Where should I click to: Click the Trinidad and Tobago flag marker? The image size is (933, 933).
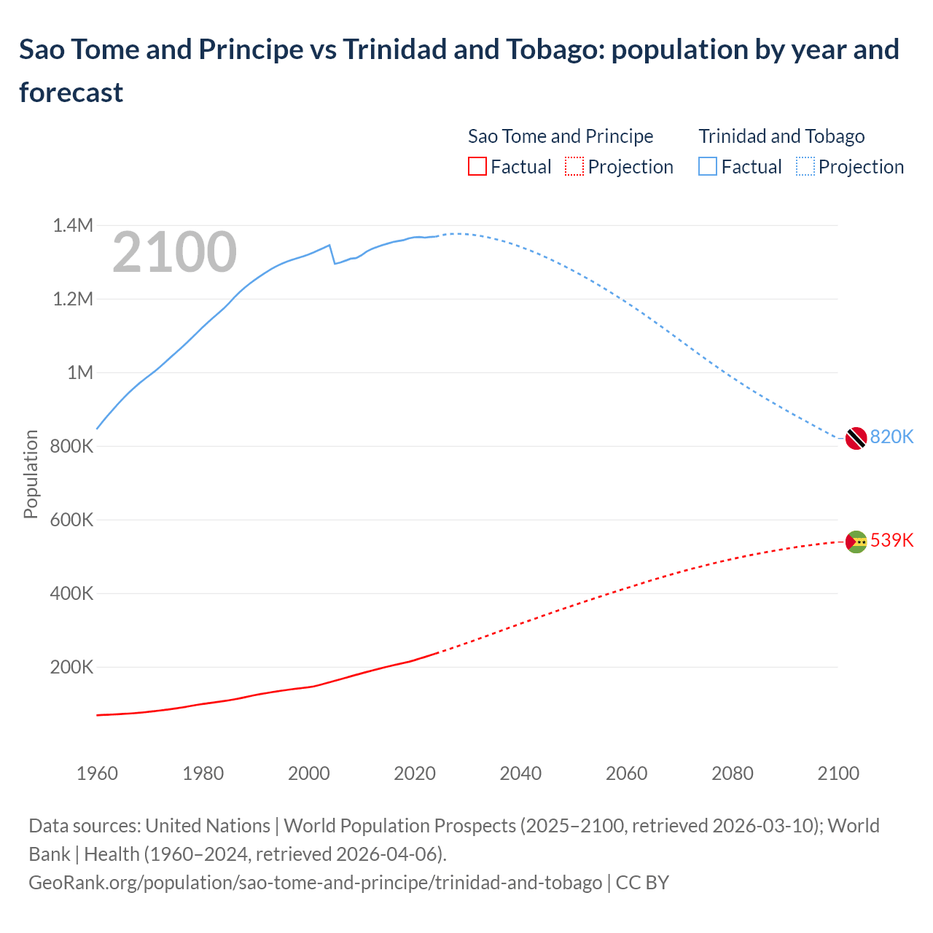point(856,438)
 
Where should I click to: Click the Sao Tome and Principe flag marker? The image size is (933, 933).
point(856,542)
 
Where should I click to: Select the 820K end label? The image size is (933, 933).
point(891,437)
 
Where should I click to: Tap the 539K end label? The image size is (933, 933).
point(891,540)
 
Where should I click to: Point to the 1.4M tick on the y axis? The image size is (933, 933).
point(73,225)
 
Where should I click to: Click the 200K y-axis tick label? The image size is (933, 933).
point(71,667)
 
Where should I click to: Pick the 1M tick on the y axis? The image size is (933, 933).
point(80,372)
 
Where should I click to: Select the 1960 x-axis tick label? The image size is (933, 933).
point(97,773)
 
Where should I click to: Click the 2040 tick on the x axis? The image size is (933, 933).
point(520,773)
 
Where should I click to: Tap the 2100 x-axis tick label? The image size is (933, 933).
point(838,773)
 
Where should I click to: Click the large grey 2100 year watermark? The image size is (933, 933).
point(174,252)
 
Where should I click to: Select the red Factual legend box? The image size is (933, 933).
point(477,167)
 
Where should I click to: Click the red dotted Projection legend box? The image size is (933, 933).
point(574,167)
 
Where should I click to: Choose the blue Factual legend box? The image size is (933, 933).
point(708,167)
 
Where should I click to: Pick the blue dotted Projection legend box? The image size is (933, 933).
point(805,167)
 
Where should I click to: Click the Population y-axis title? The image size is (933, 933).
point(31,474)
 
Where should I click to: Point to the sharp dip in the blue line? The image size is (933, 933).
point(335,262)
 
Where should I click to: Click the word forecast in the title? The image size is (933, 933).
point(71,93)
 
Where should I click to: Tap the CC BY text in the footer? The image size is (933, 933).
point(642,882)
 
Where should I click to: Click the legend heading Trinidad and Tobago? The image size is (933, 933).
point(781,136)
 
